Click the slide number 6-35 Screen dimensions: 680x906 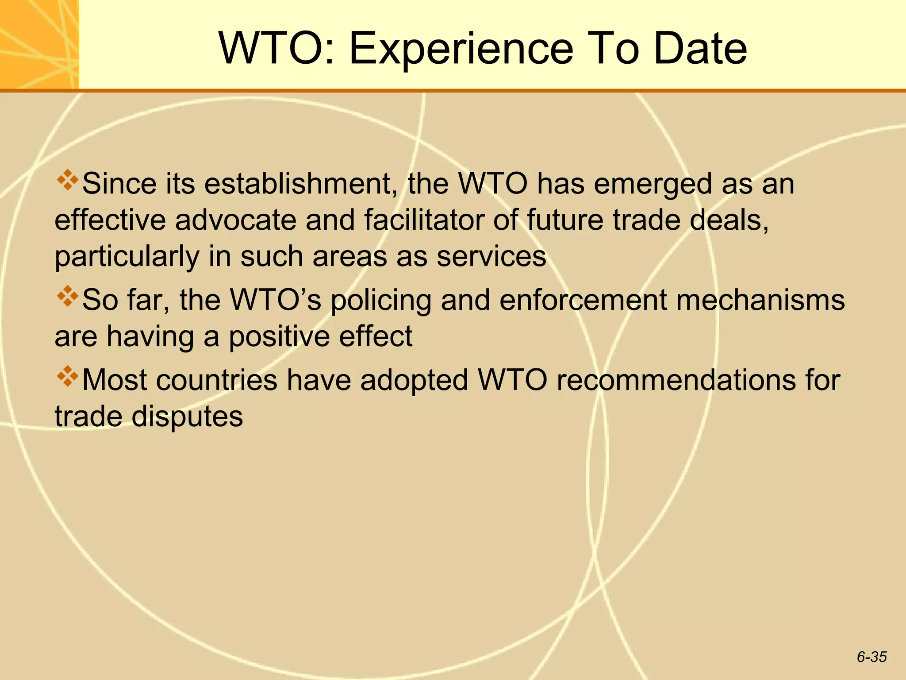pos(871,657)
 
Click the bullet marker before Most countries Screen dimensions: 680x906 pos(67,377)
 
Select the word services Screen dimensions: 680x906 pos(491,256)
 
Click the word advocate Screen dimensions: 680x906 pos(235,220)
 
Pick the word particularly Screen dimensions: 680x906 pos(127,257)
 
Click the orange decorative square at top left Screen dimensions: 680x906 pos(39,44)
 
